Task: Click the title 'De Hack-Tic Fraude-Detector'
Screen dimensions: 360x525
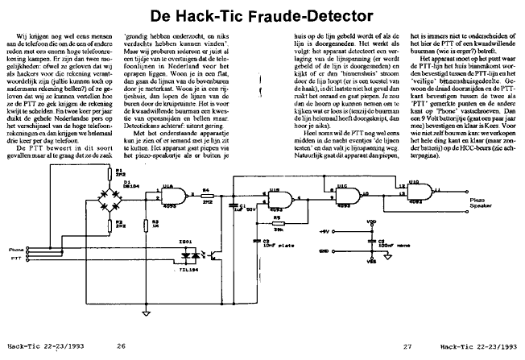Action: [x=262, y=15]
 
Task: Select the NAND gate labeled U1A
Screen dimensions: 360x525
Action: [x=172, y=193]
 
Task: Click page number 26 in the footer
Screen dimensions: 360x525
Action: [x=120, y=346]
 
